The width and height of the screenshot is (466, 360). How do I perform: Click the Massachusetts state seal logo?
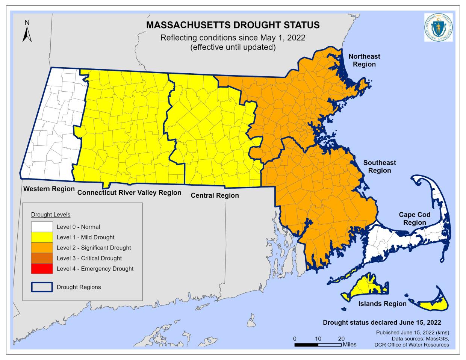(x=438, y=27)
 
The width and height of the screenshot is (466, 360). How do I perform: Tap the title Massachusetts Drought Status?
(x=233, y=25)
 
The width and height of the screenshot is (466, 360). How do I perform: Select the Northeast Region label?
(x=364, y=60)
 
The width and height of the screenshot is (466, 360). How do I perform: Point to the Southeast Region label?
(x=379, y=166)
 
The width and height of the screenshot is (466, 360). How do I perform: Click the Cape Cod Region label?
(x=415, y=218)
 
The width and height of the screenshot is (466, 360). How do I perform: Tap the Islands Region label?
(x=382, y=304)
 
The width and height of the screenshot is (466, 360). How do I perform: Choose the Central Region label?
(x=215, y=195)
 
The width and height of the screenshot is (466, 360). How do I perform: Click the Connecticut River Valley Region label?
(x=129, y=193)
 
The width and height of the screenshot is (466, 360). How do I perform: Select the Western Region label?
(x=49, y=189)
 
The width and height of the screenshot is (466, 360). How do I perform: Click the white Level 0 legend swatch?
(x=41, y=227)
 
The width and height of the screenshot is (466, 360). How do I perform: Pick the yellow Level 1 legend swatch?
(x=41, y=237)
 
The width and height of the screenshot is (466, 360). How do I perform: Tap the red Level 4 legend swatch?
(x=41, y=269)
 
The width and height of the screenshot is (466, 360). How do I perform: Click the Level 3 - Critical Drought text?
(x=89, y=258)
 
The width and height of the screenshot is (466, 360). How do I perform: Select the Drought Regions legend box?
(x=41, y=287)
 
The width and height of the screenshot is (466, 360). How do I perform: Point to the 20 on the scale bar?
(x=341, y=338)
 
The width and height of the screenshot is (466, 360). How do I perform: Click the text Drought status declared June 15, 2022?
(x=382, y=322)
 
